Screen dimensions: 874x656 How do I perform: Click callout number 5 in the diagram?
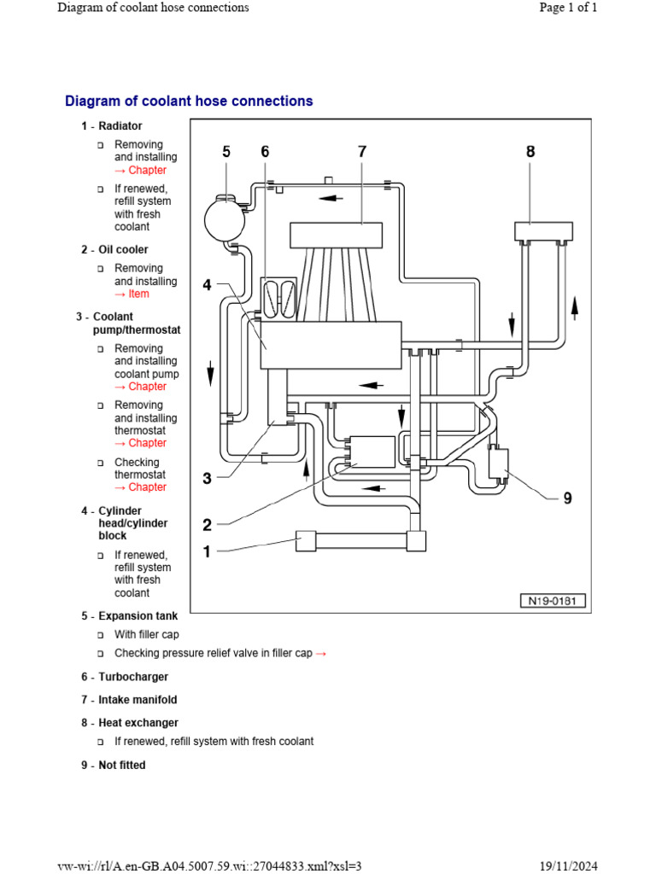[226, 152]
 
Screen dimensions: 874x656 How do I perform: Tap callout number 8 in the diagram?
[530, 152]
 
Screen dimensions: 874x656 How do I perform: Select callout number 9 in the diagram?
[567, 498]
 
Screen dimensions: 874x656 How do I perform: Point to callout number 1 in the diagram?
[206, 551]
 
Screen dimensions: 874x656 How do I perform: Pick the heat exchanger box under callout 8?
[543, 230]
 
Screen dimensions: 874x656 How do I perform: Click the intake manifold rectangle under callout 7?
[336, 235]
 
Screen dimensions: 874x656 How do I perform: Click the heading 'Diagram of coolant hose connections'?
[189, 101]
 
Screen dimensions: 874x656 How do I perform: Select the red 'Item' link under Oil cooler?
[138, 294]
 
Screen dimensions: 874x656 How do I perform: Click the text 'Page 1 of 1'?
[568, 8]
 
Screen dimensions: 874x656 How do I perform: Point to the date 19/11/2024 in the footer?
[568, 865]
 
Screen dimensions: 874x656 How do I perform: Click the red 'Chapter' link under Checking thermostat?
[147, 487]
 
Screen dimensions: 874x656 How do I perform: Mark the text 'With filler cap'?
[147, 635]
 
